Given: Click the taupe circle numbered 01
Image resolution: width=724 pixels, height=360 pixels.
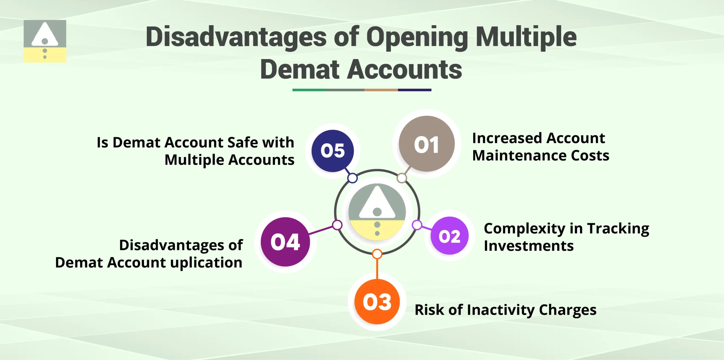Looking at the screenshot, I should [426, 144].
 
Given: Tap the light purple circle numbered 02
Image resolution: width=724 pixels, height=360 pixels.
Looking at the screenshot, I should [449, 236].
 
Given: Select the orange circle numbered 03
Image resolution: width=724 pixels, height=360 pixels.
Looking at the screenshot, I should [377, 302].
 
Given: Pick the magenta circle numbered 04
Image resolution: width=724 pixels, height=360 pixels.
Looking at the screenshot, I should [285, 242].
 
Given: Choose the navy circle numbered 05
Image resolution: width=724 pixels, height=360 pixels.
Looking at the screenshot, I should [333, 151].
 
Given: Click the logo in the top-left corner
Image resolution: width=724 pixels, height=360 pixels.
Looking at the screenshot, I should [45, 41].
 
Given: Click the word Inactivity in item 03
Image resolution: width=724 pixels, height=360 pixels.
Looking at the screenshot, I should [501, 310].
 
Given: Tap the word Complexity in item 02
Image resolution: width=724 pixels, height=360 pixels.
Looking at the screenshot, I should [524, 229].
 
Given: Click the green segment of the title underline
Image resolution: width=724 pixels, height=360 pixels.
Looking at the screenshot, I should [309, 90].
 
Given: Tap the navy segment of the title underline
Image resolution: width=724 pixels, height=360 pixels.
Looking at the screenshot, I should [415, 90].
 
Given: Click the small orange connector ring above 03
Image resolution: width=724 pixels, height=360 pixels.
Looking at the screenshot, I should [377, 254].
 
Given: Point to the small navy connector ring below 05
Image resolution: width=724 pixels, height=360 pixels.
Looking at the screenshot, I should [352, 178].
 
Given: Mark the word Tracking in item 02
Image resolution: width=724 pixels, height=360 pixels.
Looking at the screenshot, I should [618, 229].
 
